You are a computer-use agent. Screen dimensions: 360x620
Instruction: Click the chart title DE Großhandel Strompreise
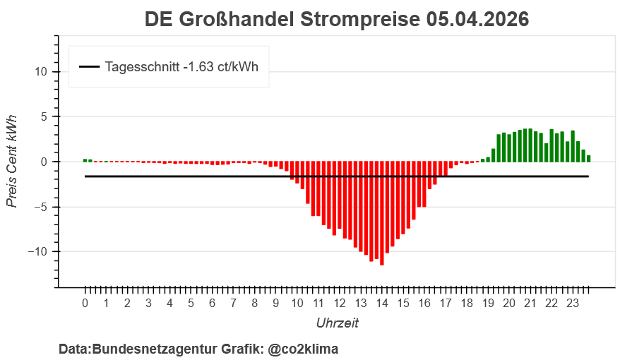pos(283,20)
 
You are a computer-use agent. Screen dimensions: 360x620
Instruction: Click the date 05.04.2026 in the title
pos(477,20)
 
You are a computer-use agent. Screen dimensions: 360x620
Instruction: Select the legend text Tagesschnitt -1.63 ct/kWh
pos(181,67)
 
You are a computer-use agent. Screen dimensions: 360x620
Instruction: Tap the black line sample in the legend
pos(90,67)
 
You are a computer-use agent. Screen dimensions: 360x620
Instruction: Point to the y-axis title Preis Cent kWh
pos(12,162)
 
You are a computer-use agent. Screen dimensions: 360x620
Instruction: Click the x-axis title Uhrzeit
pos(337,323)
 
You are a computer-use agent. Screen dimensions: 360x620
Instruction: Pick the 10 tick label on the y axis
pos(40,71)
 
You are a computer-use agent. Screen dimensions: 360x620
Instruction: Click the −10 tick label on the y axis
pos(37,252)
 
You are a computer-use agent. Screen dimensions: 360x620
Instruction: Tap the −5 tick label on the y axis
pos(40,207)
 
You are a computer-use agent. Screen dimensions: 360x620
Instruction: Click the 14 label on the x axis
pos(382,304)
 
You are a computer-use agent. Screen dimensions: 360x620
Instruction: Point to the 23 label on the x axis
pos(573,304)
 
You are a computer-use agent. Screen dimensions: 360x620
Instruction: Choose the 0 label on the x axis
pos(85,304)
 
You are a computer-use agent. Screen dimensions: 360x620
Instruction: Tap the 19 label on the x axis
pos(488,304)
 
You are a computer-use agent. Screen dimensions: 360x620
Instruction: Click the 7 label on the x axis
pos(233,304)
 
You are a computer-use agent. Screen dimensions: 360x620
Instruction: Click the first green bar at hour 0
pos(85,160)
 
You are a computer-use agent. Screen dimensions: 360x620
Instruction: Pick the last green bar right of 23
pos(589,159)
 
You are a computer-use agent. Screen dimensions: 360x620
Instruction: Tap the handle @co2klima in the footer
pos(304,349)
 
